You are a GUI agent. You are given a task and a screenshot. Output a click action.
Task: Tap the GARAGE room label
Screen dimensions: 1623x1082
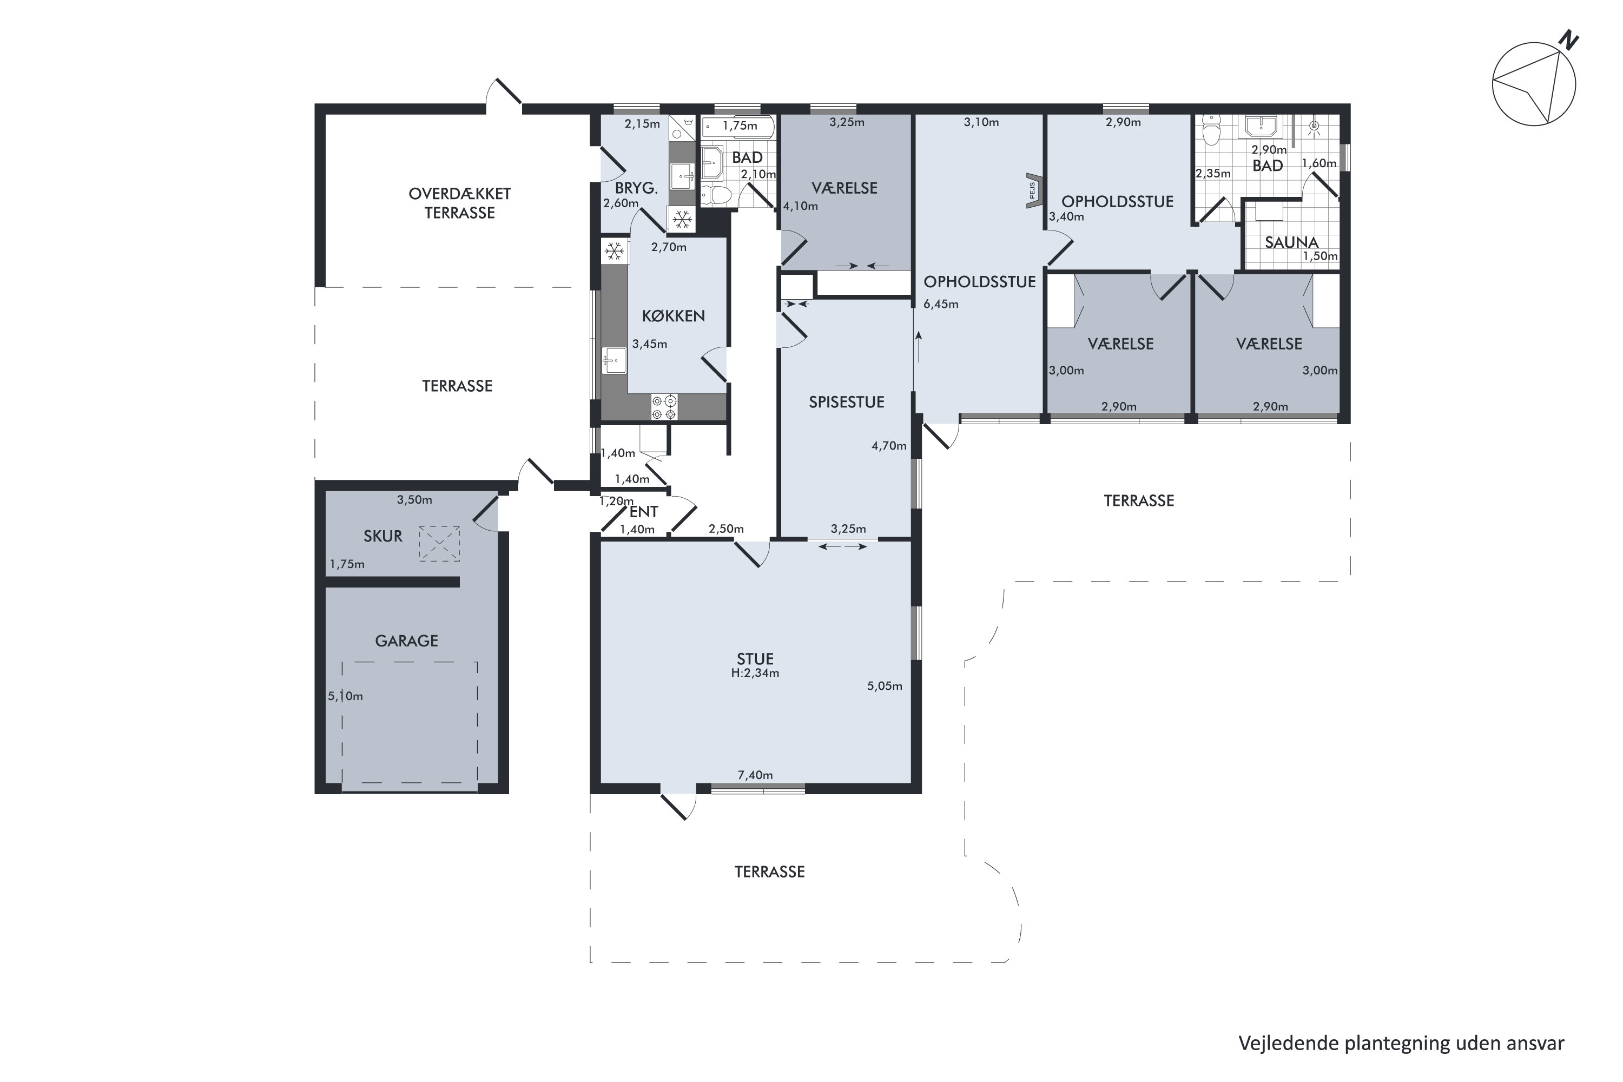click(x=406, y=641)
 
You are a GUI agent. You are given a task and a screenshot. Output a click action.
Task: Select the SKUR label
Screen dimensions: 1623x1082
click(x=383, y=536)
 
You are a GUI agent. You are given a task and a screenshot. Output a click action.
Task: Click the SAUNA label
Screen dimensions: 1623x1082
click(x=1291, y=242)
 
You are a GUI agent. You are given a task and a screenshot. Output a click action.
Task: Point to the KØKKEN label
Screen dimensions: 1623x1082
click(x=673, y=316)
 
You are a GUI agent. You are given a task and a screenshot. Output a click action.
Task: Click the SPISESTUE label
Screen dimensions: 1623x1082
click(x=846, y=403)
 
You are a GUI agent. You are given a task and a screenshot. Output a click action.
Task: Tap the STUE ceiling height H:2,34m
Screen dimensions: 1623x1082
click(x=755, y=673)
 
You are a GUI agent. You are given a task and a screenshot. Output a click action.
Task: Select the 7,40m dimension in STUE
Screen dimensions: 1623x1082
click(x=755, y=775)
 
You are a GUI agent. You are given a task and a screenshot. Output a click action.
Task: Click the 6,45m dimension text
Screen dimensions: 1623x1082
click(x=941, y=304)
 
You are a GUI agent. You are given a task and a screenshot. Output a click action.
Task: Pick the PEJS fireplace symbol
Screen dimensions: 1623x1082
click(x=1033, y=190)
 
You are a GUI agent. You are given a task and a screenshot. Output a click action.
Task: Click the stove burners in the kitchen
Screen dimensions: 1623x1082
click(x=664, y=407)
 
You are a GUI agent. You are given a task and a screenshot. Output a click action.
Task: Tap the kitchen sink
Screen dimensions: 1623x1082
click(x=613, y=360)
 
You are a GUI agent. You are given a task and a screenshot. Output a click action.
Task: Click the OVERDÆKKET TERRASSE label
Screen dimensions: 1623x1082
click(x=459, y=203)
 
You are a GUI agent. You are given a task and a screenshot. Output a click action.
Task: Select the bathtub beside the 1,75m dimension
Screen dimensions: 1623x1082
click(x=738, y=127)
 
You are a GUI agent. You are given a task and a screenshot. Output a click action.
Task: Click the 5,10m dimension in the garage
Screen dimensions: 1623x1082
click(x=345, y=696)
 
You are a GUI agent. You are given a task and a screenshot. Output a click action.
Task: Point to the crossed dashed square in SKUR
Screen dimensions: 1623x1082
click(x=439, y=544)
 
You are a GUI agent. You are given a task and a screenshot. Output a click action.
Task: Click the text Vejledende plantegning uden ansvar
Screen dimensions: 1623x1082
click(x=1401, y=1044)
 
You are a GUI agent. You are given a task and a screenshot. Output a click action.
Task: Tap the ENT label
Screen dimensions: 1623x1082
click(x=643, y=512)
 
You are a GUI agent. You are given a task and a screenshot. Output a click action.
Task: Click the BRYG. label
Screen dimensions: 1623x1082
click(x=636, y=188)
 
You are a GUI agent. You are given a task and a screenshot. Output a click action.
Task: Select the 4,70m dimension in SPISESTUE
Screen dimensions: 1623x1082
click(x=889, y=446)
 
